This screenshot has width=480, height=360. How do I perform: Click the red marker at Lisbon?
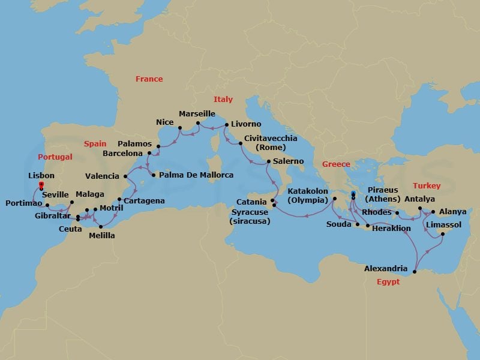(x=41, y=186)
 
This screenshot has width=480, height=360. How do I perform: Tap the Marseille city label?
(x=197, y=113)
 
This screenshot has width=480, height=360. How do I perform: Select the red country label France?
(x=149, y=79)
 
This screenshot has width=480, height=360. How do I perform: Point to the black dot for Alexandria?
(x=414, y=273)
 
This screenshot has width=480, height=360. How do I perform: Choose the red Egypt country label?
(x=388, y=281)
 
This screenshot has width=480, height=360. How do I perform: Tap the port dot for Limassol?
(x=442, y=235)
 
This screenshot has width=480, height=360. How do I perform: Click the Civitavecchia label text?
(x=271, y=138)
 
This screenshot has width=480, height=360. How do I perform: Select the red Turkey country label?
(x=427, y=186)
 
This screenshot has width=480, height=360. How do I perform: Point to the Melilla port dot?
(x=100, y=226)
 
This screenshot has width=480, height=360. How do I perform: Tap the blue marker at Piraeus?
(x=353, y=193)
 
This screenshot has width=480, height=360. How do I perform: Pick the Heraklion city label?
(x=391, y=229)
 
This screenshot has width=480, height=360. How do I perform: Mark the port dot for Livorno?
(x=226, y=125)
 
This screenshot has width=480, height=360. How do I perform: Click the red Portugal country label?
(x=55, y=157)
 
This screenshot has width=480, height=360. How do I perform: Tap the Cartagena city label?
(x=144, y=200)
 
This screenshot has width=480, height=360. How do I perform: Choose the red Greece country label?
(x=336, y=164)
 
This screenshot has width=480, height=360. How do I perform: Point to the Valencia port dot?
(x=125, y=176)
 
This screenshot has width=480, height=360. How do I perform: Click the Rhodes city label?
(x=377, y=212)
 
